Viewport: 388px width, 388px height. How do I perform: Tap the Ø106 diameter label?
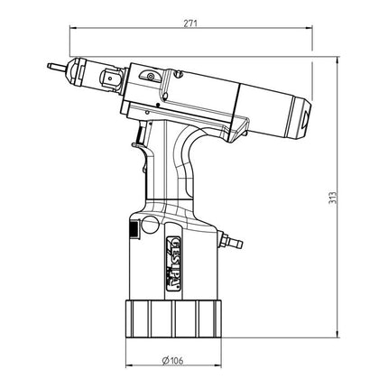coord(174,362)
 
